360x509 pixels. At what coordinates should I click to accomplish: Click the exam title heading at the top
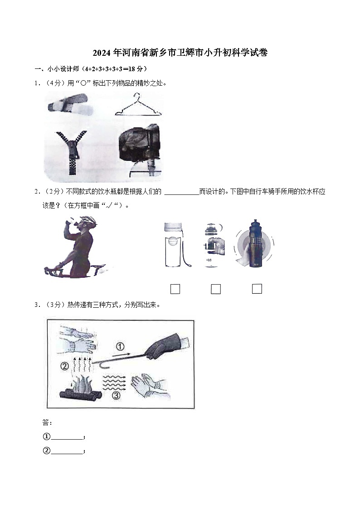pos(180,53)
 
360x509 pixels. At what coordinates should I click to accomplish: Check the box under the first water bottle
pos(175,289)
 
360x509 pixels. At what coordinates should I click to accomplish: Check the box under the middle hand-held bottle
pos(216,289)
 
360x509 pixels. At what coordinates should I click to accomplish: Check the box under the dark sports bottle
pos(257,288)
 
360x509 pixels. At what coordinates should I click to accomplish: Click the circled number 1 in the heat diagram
pos(120,347)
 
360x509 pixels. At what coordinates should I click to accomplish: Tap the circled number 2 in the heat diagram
pos(65,365)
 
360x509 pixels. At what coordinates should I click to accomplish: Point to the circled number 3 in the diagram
pos(117,396)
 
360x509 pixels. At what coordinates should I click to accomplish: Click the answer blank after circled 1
pos(67,437)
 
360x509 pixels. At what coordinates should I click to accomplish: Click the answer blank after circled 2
pos(67,451)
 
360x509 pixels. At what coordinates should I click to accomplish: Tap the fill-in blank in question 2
pos(181,192)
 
